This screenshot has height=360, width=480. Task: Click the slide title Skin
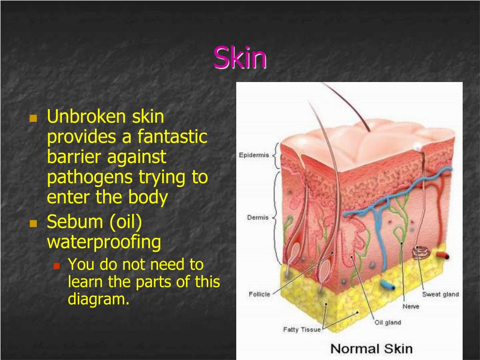click(240, 58)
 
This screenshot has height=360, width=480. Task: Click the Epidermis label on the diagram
click(254, 155)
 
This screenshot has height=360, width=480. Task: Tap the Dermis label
click(258, 217)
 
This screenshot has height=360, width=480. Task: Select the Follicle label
click(259, 294)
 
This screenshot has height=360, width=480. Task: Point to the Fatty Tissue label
click(301, 330)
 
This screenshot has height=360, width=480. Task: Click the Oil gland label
click(388, 322)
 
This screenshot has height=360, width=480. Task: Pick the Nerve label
click(411, 307)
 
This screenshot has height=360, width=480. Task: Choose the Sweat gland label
click(440, 294)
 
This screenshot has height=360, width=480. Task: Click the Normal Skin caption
click(371, 349)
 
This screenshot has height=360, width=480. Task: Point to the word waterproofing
click(104, 242)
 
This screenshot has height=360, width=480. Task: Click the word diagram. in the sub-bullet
click(98, 299)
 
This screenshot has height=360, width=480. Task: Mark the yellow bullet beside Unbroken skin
click(33, 118)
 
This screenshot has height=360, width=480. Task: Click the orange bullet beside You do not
click(57, 266)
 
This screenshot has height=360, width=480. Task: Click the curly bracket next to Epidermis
click(277, 156)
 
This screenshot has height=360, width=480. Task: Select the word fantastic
click(172, 137)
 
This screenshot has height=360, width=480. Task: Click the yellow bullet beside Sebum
click(33, 223)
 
